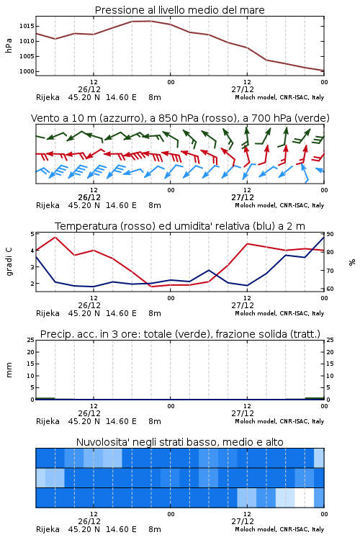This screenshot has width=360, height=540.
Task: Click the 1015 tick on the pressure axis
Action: [27, 26]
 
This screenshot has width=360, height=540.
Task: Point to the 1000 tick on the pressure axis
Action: [27, 71]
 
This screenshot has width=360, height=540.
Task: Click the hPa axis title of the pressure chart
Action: [9, 46]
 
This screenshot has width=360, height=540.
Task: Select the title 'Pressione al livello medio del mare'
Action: [180, 10]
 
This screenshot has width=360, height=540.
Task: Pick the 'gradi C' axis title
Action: [9, 262]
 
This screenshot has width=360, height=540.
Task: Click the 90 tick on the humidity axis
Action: [330, 234]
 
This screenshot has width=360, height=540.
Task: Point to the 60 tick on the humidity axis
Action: [330, 289]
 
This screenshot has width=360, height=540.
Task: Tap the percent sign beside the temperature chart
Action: [352, 262]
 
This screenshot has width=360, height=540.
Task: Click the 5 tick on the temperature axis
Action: [32, 234]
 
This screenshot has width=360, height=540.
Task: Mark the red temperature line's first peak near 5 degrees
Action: [55, 237]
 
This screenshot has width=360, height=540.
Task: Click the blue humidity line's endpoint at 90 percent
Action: [324, 237]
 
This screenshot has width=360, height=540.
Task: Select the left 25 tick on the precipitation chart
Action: [31, 340]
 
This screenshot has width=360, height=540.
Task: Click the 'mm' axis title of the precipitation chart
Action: [9, 370]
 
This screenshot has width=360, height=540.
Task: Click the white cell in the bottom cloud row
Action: [305, 498]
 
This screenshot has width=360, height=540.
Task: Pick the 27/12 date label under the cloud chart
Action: [243, 521]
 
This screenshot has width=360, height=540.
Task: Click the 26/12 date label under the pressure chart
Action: [89, 89]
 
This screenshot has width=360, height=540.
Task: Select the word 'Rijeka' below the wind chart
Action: [48, 205]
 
